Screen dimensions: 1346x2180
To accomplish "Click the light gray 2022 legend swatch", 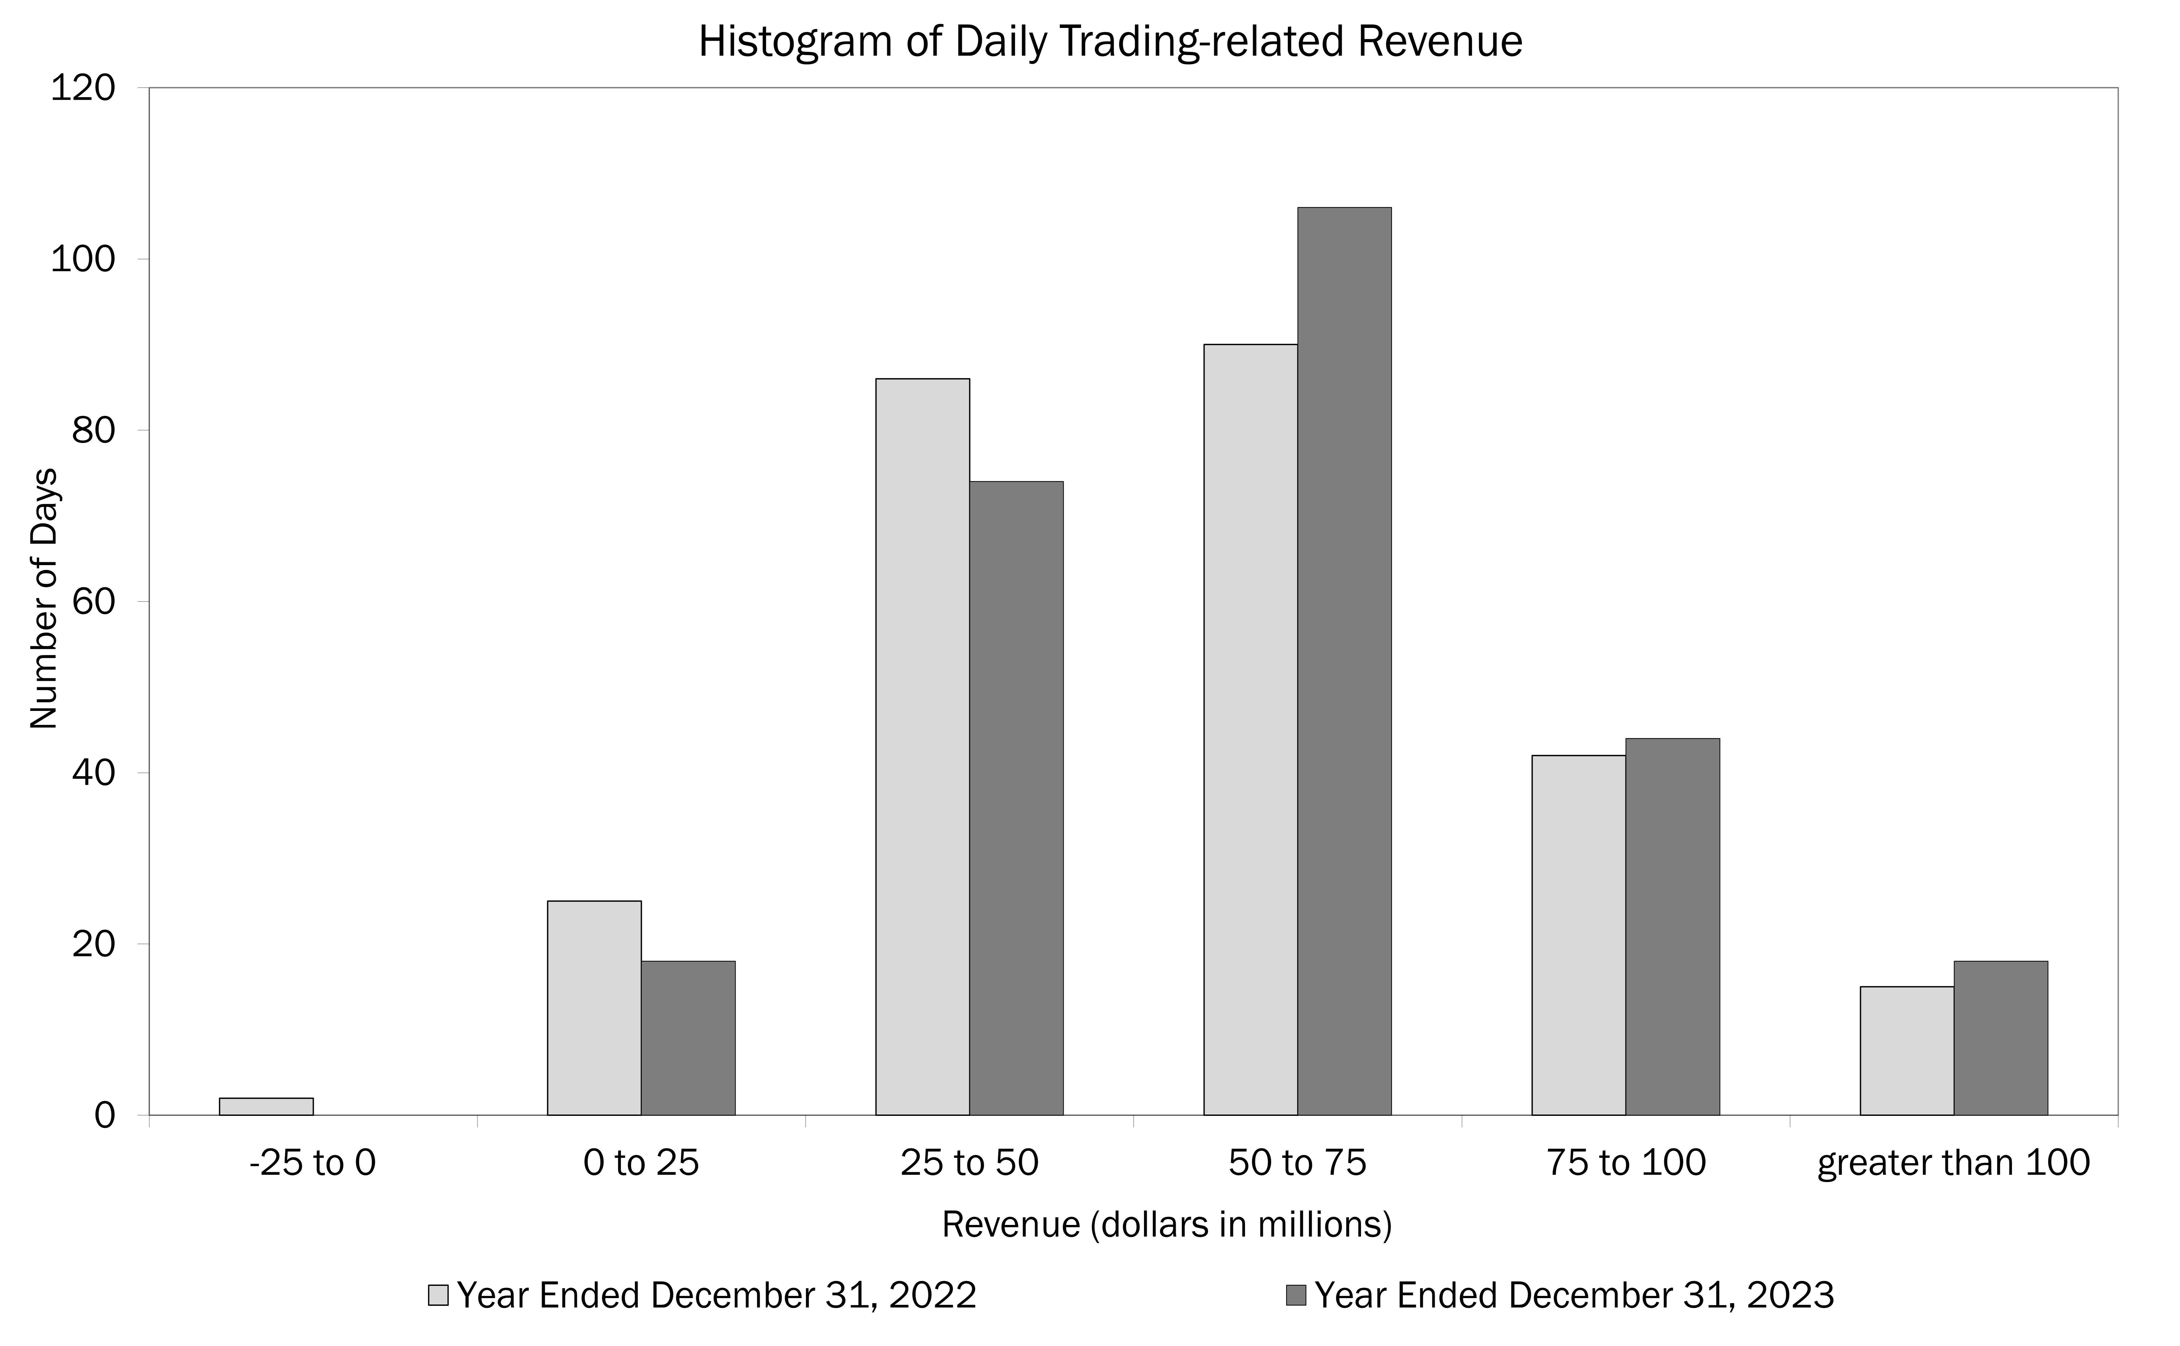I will (x=438, y=1294).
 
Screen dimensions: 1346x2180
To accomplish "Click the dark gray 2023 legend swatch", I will (x=1296, y=1294).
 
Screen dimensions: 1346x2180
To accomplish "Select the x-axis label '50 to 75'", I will (x=1297, y=1163).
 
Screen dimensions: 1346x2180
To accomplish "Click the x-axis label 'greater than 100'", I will (x=1953, y=1163).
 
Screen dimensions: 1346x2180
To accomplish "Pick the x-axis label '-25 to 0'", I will (x=312, y=1163).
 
